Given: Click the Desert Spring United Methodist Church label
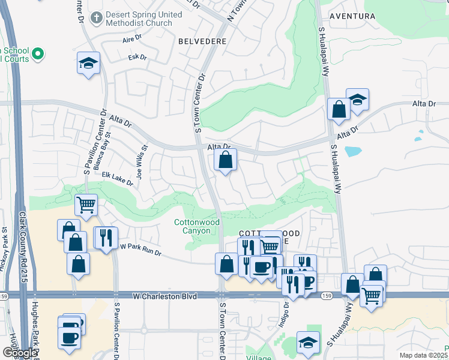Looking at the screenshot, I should click(x=139, y=19).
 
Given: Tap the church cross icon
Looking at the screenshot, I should click(x=97, y=19).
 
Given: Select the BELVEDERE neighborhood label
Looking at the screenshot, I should click(x=202, y=41).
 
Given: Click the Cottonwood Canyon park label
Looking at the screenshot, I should click(x=197, y=226).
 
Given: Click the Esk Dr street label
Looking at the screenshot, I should click(x=137, y=58).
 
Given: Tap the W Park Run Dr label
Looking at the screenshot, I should click(x=141, y=249).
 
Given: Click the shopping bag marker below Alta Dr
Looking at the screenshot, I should click(x=226, y=160).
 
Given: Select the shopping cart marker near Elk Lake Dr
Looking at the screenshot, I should click(x=86, y=204).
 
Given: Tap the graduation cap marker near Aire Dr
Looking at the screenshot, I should click(x=88, y=63).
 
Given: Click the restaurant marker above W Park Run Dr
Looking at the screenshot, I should click(x=106, y=238).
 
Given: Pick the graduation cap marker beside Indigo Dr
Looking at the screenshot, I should click(x=308, y=342).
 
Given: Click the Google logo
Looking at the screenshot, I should click(x=20, y=353).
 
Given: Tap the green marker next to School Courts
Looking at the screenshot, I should click(x=38, y=55).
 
